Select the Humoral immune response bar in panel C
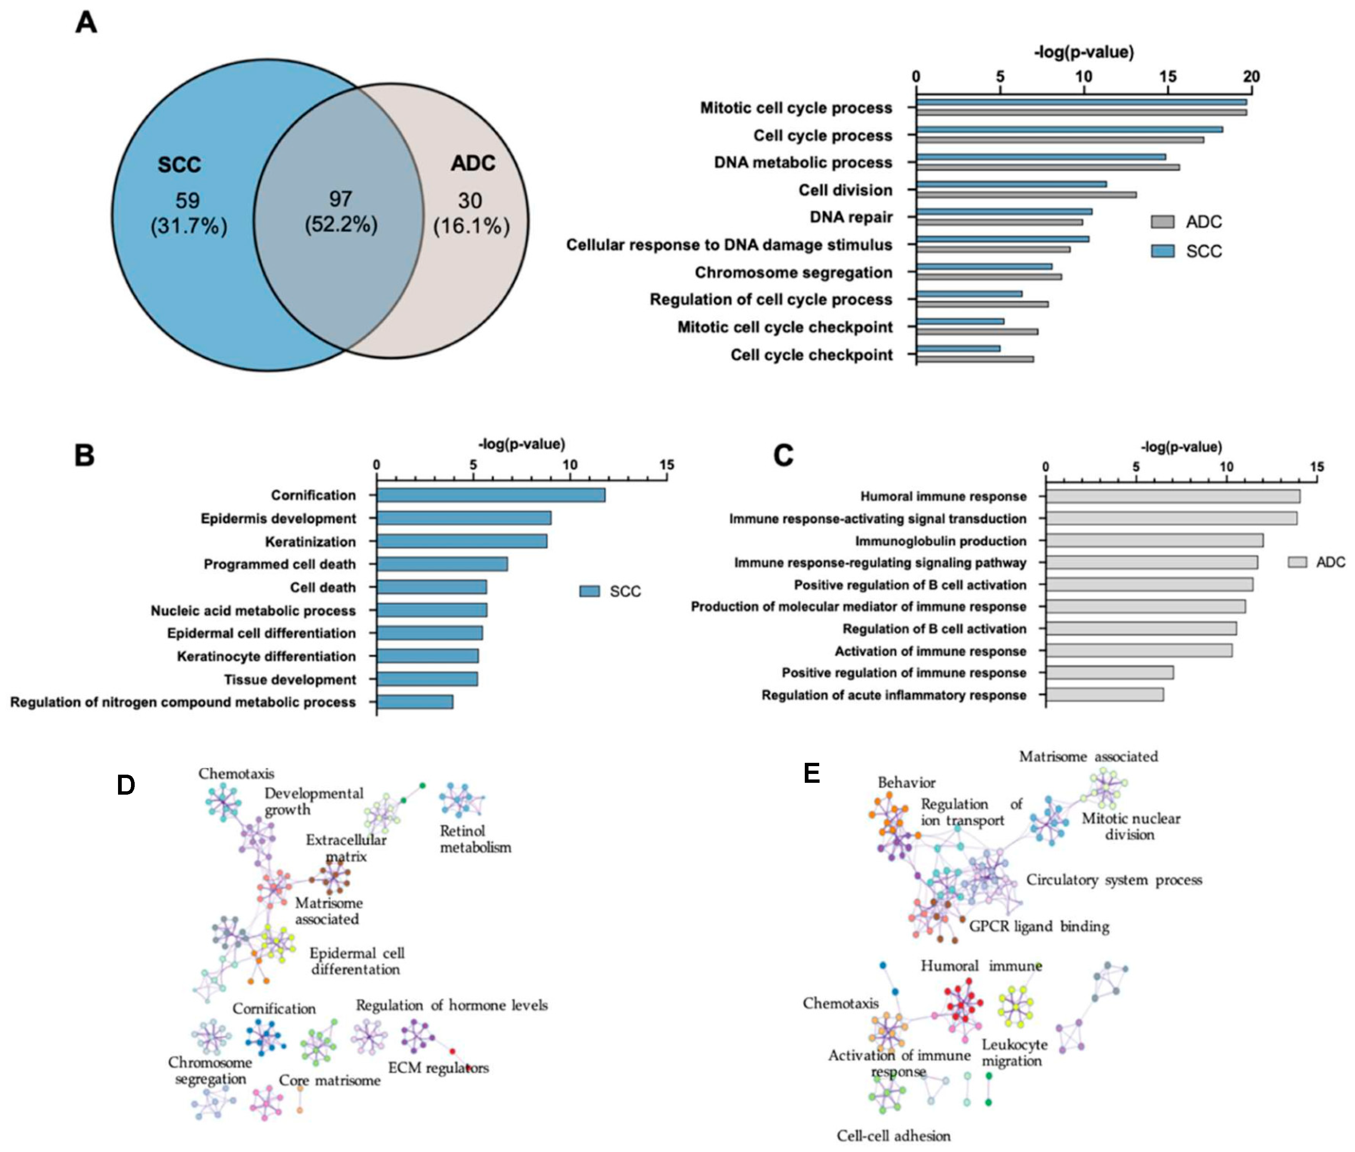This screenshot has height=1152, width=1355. pyautogui.click(x=1172, y=496)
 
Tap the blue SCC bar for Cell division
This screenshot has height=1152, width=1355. pyautogui.click(x=1011, y=184)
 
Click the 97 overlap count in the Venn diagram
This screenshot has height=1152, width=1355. pyautogui.click(x=340, y=199)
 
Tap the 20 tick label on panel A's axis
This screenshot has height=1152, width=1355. pyautogui.click(x=1251, y=77)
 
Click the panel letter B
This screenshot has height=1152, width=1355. pyautogui.click(x=85, y=455)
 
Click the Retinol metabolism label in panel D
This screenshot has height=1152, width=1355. pyautogui.click(x=475, y=839)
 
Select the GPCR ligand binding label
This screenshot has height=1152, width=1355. pyautogui.click(x=1038, y=926)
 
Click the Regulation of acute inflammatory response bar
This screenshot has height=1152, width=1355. pyautogui.click(x=1104, y=695)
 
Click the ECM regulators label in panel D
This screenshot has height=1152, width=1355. pyautogui.click(x=438, y=1068)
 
